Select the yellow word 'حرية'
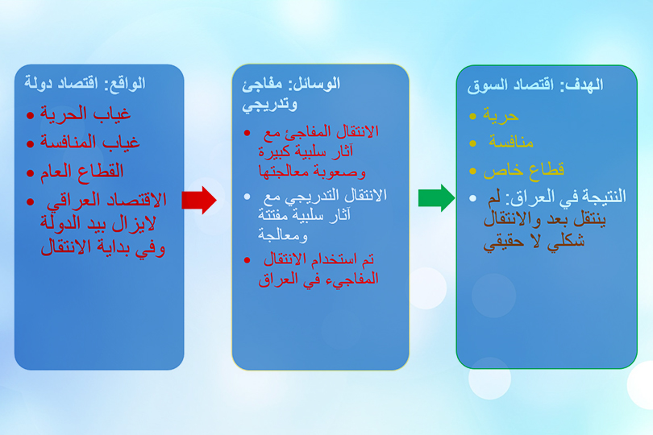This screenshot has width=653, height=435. (501, 116)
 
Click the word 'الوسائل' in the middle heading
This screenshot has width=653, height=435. (319, 84)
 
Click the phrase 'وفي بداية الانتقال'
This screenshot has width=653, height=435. (103, 248)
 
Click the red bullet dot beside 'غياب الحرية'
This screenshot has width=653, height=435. (30, 115)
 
